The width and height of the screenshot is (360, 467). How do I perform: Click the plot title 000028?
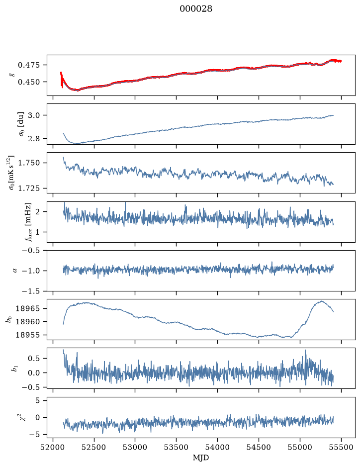pos(196,9)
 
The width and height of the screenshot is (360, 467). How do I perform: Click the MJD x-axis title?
pos(201,458)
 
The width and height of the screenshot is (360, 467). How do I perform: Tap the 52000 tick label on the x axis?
pos(53,447)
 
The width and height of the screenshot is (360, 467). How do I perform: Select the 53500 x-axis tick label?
pos(177,447)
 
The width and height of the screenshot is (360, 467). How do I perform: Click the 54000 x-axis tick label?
pos(217,447)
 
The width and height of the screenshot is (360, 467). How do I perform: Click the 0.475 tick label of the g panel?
pos(28,65)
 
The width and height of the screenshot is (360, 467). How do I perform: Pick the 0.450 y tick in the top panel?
pos(28,82)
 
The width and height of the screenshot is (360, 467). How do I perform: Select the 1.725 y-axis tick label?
pos(28,188)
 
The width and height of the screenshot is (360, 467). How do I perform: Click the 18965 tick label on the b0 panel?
pos(27,308)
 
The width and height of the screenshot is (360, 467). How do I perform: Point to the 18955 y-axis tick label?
pos(27,335)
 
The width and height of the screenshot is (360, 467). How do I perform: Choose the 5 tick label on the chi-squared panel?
pos(37,400)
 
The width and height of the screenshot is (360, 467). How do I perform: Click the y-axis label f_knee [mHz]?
pos(28,222)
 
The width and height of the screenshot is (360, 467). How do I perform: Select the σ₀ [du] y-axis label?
pos(21,124)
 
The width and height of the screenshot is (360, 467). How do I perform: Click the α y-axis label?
pos(15,271)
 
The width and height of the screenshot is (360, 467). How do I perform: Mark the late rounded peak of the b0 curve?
pos(321,301)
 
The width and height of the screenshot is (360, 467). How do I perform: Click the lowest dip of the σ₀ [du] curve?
pos(78,144)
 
